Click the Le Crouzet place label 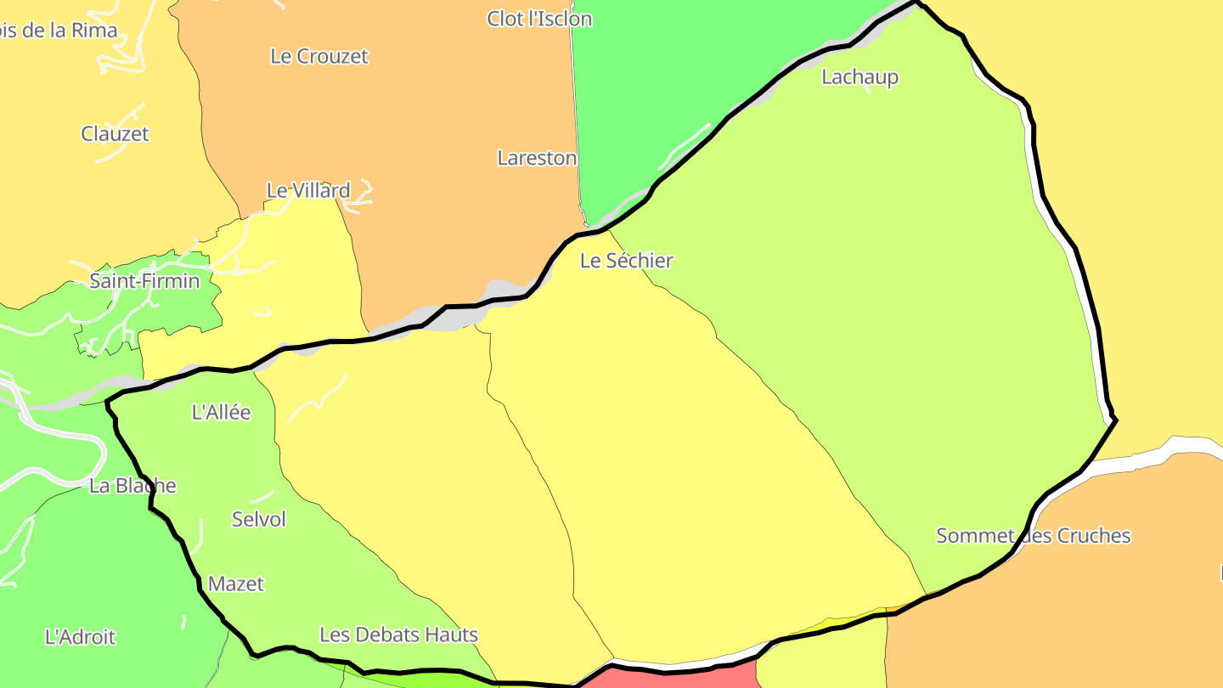(x=319, y=56)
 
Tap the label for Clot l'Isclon (x=539, y=19)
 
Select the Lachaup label (x=859, y=77)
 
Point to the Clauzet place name (x=115, y=133)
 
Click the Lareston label (x=537, y=158)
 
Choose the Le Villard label (x=308, y=190)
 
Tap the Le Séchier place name (x=626, y=261)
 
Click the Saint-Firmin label (x=144, y=280)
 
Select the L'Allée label (x=221, y=413)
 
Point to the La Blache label (x=132, y=486)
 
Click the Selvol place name (x=259, y=519)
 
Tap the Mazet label (x=236, y=584)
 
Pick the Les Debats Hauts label (x=398, y=634)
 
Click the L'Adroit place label (x=80, y=637)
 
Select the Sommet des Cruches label (x=1033, y=536)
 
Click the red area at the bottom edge (x=679, y=679)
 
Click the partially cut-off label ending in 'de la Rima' (x=58, y=31)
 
